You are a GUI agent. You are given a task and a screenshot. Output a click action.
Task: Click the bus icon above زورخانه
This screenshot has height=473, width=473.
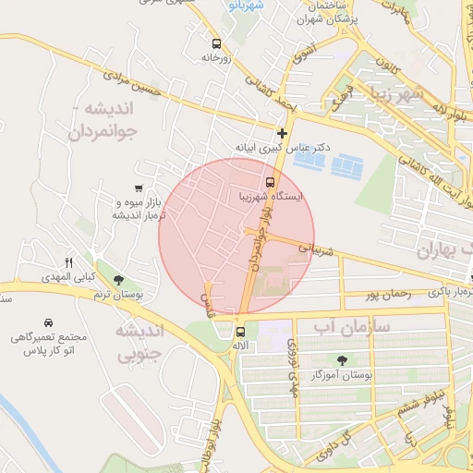click(x=216, y=43)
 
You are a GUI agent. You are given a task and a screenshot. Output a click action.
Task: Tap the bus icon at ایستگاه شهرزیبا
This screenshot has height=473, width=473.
click(x=270, y=182)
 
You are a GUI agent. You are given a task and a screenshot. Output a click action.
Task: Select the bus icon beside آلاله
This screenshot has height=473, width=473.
click(x=240, y=332)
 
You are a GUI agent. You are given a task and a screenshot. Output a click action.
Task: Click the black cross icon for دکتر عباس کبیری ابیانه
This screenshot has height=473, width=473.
click(x=283, y=132)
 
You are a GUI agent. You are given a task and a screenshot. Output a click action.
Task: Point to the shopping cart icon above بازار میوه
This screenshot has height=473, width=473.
click(x=138, y=188)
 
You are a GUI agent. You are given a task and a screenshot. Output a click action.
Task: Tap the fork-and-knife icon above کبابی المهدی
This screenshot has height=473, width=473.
click(x=68, y=262)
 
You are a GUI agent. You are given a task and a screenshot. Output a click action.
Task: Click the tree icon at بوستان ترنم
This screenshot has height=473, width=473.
click(x=117, y=279)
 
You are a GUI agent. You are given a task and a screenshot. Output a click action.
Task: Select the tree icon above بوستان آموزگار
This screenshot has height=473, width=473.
click(x=344, y=360)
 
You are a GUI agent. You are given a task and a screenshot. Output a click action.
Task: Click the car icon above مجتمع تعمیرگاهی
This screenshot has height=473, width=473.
click(x=47, y=323)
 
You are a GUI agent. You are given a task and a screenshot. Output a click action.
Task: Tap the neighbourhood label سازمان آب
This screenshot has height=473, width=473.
click(x=352, y=326)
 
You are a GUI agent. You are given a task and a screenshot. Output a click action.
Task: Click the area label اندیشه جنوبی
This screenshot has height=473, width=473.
click(x=139, y=341)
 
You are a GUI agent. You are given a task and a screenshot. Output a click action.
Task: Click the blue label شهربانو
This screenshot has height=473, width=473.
click(x=245, y=5)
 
